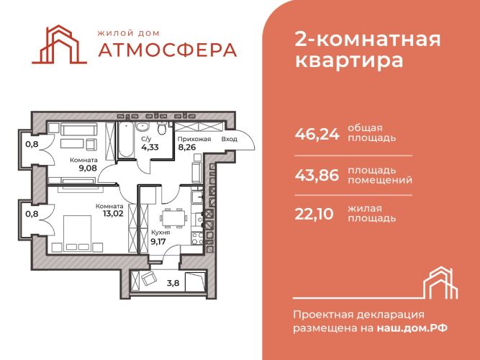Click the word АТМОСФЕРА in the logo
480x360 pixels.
(x=168, y=50)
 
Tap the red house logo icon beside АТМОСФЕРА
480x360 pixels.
(x=59, y=45)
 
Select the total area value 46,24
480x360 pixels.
(x=317, y=134)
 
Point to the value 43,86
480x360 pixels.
(x=317, y=175)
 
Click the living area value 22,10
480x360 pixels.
(x=314, y=214)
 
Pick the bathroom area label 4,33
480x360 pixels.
(x=150, y=148)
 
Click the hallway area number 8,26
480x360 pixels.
(x=187, y=148)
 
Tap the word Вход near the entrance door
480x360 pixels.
(x=230, y=139)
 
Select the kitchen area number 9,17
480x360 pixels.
(x=158, y=241)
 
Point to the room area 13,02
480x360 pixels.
(x=113, y=214)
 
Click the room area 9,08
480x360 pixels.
(x=88, y=168)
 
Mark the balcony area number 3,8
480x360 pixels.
(x=173, y=283)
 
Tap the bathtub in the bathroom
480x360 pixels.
(x=126, y=140)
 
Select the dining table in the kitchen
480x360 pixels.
(x=173, y=218)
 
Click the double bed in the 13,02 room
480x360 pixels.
(x=77, y=233)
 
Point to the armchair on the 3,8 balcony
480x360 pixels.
(x=149, y=279)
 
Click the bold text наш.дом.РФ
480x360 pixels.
(x=412, y=328)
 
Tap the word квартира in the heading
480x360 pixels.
(x=349, y=60)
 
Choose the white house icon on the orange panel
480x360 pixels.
(x=441, y=283)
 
